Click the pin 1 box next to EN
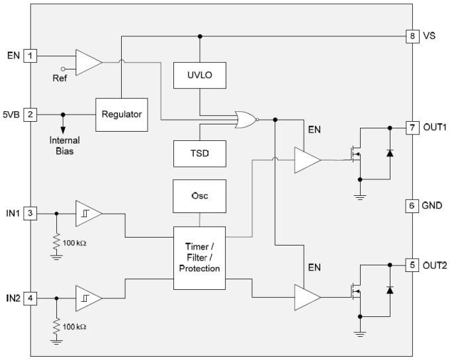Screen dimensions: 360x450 click(30, 56)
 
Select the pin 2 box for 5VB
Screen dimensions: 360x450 click(30, 114)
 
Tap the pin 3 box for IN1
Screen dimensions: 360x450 click(30, 213)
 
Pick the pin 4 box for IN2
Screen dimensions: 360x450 click(30, 298)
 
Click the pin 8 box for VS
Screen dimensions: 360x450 click(412, 36)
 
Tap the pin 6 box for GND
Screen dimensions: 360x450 click(412, 206)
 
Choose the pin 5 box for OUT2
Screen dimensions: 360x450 click(412, 265)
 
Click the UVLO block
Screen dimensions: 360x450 click(199, 76)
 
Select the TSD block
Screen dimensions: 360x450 click(199, 154)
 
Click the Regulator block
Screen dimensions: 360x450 click(122, 114)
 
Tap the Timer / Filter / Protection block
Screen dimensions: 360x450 click(199, 258)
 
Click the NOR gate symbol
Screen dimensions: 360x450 click(246, 119)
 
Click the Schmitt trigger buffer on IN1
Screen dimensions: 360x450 click(88, 214)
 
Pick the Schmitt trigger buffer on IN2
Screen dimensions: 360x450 click(88, 298)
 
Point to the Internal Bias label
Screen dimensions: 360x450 click(64, 146)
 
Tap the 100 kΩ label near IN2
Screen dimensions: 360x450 click(74, 327)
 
